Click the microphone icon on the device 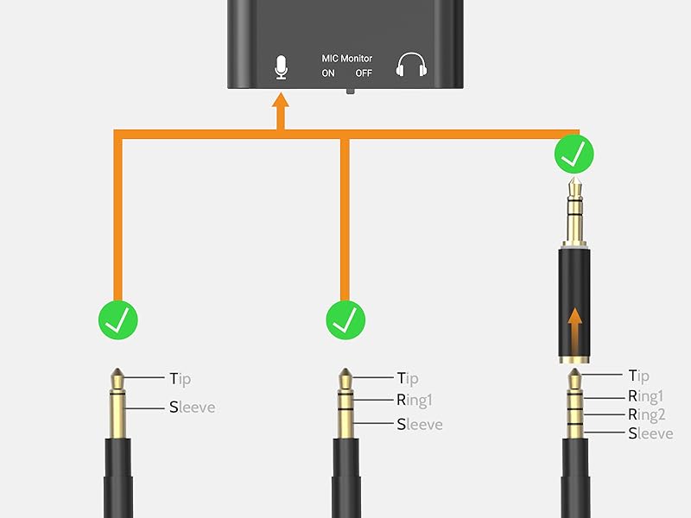pos(281,67)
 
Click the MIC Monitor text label pos(347,59)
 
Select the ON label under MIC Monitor pos(328,73)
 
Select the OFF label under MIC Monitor pos(364,73)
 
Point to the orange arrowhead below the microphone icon pos(280,103)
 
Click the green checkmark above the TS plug pos(118,321)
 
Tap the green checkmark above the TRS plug pos(345,321)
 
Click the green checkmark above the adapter pos(574,155)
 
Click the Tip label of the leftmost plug pos(180,378)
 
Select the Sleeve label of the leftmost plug pos(192,406)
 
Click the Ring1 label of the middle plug pos(414,400)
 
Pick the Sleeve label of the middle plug pos(419,424)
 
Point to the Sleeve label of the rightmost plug pos(650,433)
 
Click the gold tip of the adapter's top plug pos(574,184)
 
